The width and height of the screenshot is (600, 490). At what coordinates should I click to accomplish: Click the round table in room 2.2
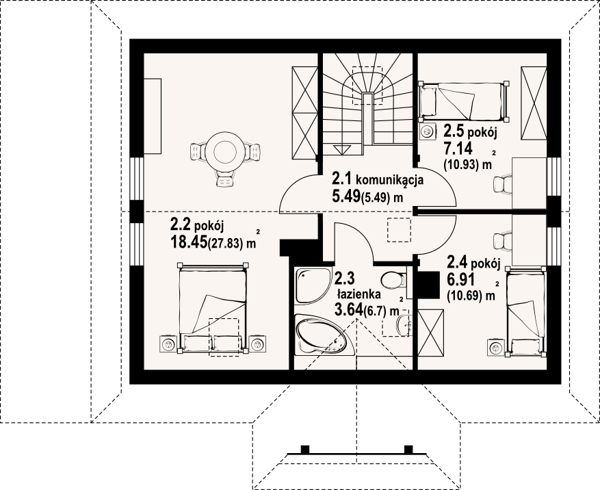tap(225, 153)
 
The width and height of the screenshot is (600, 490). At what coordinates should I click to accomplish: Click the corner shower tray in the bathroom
tap(313, 285)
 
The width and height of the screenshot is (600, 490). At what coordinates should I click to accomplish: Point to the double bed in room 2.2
tap(213, 307)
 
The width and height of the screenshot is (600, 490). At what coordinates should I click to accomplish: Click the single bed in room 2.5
tap(464, 101)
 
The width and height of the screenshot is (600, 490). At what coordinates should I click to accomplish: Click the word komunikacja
tap(389, 179)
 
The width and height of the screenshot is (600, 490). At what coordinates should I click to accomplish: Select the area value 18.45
tap(188, 242)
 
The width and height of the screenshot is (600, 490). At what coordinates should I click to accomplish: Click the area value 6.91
tap(460, 280)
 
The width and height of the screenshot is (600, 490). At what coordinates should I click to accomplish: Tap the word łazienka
tap(358, 294)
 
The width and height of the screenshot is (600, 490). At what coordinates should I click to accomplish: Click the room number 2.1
tap(341, 179)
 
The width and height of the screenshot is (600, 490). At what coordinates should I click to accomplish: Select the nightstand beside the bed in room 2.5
tap(427, 132)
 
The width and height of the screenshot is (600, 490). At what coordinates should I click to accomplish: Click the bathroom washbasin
tap(404, 325)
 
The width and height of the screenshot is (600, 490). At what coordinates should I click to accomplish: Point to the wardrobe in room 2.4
tap(430, 333)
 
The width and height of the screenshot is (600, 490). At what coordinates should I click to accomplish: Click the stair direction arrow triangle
tap(342, 150)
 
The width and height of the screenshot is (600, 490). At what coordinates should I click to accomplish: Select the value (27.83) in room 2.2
tap(225, 243)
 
